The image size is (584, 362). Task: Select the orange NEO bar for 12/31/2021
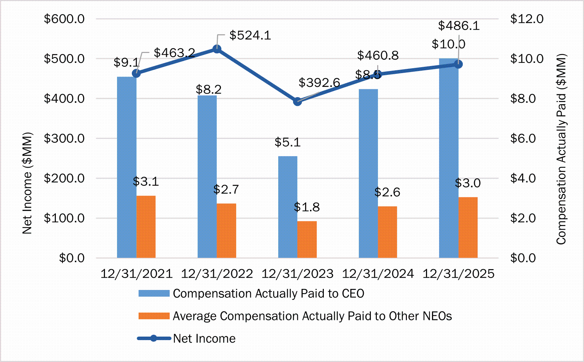tap(146, 227)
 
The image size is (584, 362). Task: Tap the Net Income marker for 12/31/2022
tap(217, 49)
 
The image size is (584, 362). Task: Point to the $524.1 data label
tap(250, 35)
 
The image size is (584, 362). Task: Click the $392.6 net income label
tap(319, 83)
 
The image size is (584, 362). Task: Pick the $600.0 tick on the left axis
tap(64, 19)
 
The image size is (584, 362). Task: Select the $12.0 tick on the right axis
tap(526, 19)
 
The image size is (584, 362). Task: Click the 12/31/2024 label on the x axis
tap(378, 274)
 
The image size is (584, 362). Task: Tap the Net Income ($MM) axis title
tap(27, 183)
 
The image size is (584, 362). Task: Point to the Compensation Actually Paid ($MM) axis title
tap(561, 149)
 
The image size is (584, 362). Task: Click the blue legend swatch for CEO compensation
tap(154, 293)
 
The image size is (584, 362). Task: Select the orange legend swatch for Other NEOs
tap(154, 316)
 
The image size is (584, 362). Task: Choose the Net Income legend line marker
tap(154, 338)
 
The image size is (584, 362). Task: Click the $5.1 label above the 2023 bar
tap(287, 142)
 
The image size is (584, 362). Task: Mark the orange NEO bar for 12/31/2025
tap(468, 227)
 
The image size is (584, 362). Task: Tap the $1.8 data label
tap(307, 207)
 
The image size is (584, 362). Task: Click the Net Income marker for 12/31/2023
tap(298, 102)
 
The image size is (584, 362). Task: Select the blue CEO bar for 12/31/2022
tap(207, 177)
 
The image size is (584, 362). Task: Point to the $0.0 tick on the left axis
tap(72, 258)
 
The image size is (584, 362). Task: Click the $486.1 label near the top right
tap(459, 26)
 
